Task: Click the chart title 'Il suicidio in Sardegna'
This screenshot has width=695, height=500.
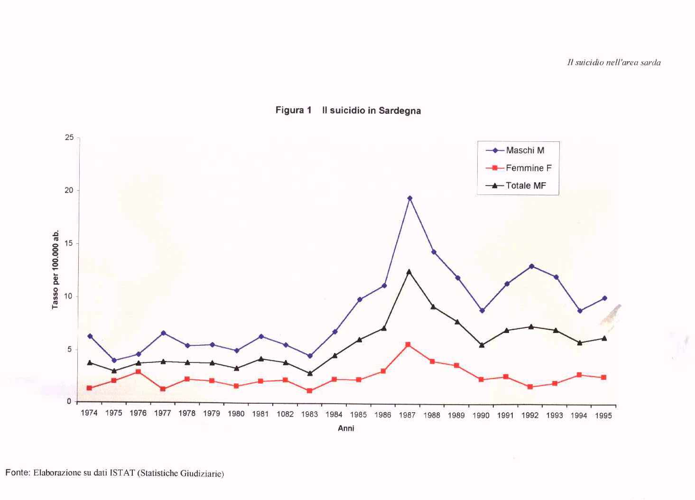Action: pyautogui.click(x=371, y=111)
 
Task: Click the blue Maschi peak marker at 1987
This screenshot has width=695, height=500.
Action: pyautogui.click(x=410, y=198)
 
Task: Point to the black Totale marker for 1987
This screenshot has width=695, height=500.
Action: pyautogui.click(x=409, y=272)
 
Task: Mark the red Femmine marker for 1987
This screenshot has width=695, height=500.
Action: pyautogui.click(x=408, y=344)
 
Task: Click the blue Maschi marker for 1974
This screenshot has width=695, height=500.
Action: pyautogui.click(x=90, y=336)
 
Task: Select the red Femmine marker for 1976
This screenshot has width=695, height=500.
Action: pyautogui.click(x=138, y=371)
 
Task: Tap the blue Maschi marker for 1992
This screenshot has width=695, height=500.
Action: pyautogui.click(x=532, y=266)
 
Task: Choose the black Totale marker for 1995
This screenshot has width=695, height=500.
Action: pyautogui.click(x=604, y=338)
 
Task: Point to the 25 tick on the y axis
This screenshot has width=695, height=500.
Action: pyautogui.click(x=69, y=138)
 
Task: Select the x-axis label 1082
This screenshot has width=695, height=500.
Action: pyautogui.click(x=285, y=414)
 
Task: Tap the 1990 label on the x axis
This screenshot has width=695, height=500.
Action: pyautogui.click(x=481, y=416)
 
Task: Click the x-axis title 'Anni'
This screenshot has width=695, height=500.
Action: pyautogui.click(x=346, y=428)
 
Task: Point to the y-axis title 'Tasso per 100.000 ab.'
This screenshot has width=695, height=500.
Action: pyautogui.click(x=56, y=269)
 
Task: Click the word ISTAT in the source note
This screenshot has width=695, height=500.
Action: pyautogui.click(x=122, y=473)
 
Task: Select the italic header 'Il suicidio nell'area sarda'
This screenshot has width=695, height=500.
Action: pyautogui.click(x=614, y=62)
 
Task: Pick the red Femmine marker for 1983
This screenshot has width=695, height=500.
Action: pyautogui.click(x=310, y=391)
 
